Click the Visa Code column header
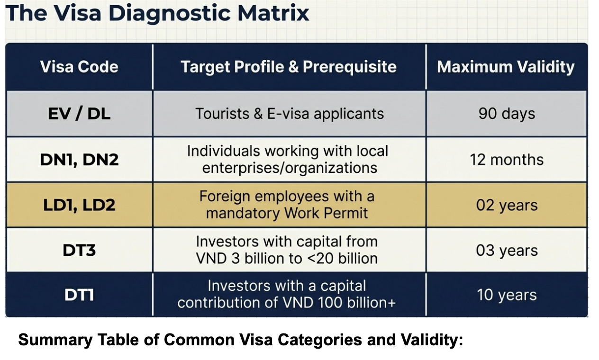pyautogui.click(x=79, y=66)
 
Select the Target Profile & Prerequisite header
pyautogui.click(x=289, y=66)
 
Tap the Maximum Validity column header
pyautogui.click(x=506, y=66)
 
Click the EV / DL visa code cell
pyautogui.click(x=79, y=114)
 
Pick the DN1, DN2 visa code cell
pyautogui.click(x=79, y=160)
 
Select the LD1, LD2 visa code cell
pyautogui.click(x=79, y=205)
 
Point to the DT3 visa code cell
pyautogui.click(x=79, y=251)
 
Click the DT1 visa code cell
pyautogui.click(x=79, y=295)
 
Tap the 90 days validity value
pyautogui.click(x=507, y=114)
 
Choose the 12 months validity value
pyautogui.click(x=507, y=160)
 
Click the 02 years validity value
pyautogui.click(x=507, y=205)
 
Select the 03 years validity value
pyautogui.click(x=507, y=251)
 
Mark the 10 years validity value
pyautogui.click(x=507, y=295)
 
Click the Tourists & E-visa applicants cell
pyautogui.click(x=290, y=114)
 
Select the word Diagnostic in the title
pyautogui.click(x=169, y=13)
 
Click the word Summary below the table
pyautogui.click(x=55, y=340)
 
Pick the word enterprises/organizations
pyautogui.click(x=290, y=168)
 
